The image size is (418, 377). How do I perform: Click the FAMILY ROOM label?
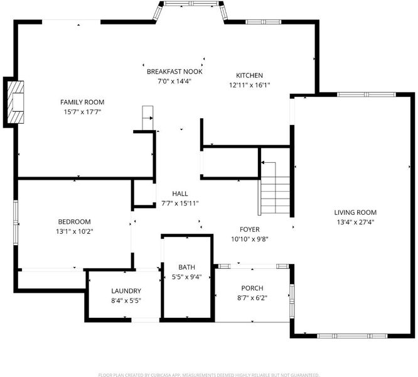[82, 102]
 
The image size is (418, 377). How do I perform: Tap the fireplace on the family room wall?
[16, 102]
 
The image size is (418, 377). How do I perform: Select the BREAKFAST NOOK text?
[174, 72]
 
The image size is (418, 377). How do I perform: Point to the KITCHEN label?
[250, 75]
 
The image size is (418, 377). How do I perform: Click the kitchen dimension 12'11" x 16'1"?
[250, 85]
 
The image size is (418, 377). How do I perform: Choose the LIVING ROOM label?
[355, 212]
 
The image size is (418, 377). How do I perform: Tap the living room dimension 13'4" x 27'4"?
[355, 222]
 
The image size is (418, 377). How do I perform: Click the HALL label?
[180, 194]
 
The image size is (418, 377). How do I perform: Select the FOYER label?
[250, 229]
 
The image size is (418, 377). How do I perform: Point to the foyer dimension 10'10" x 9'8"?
[250, 239]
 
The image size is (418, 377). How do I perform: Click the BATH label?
[186, 267]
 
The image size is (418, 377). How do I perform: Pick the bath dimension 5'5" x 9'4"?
[186, 277]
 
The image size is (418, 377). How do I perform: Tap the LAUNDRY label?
[126, 291]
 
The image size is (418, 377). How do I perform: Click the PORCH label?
[252, 288]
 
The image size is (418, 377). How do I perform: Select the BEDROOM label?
[75, 222]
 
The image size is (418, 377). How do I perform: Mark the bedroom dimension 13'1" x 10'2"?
[75, 231]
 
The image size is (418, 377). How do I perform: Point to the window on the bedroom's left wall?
[16, 222]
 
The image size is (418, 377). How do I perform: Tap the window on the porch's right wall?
[292, 301]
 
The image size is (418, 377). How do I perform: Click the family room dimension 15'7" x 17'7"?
[82, 112]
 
